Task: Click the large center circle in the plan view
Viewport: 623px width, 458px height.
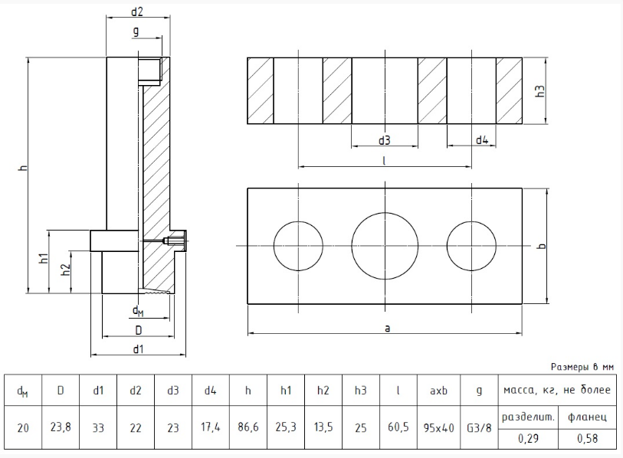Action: pos(385,245)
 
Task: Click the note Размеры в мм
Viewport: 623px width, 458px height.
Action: pos(582,367)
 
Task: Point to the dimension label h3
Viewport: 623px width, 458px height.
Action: pos(540,90)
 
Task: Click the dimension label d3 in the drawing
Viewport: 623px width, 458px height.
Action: pos(385,140)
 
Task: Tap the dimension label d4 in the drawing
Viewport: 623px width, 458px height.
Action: pos(482,140)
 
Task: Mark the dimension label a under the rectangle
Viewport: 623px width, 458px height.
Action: pos(387,328)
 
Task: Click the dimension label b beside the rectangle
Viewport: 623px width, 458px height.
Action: pos(541,246)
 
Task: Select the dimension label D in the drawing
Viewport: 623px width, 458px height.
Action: pos(138,329)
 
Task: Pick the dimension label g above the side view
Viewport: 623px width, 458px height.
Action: pos(136,31)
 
